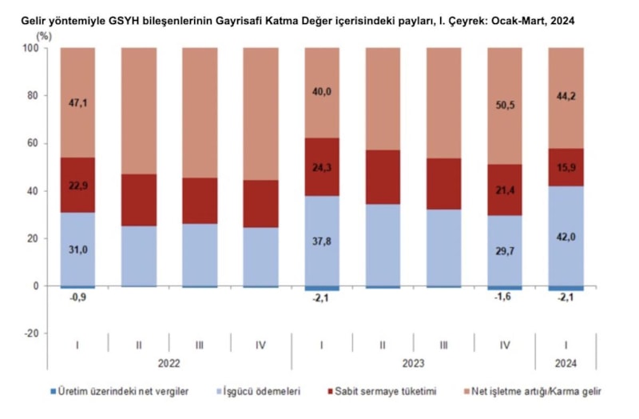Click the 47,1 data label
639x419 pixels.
pyautogui.click(x=77, y=103)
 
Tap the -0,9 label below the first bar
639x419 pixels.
pyautogui.click(x=77, y=299)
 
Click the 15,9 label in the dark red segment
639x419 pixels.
pyautogui.click(x=566, y=166)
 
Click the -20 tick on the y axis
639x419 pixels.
pyautogui.click(x=30, y=333)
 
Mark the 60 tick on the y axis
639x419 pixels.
pyautogui.click(x=33, y=144)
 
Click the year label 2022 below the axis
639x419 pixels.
pyautogui.click(x=169, y=363)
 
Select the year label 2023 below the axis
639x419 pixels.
pyautogui.click(x=413, y=363)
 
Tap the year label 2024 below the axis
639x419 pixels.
pyautogui.click(x=566, y=363)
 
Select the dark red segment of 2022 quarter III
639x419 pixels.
pyautogui.click(x=200, y=200)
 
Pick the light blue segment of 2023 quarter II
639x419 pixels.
pyautogui.click(x=383, y=245)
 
